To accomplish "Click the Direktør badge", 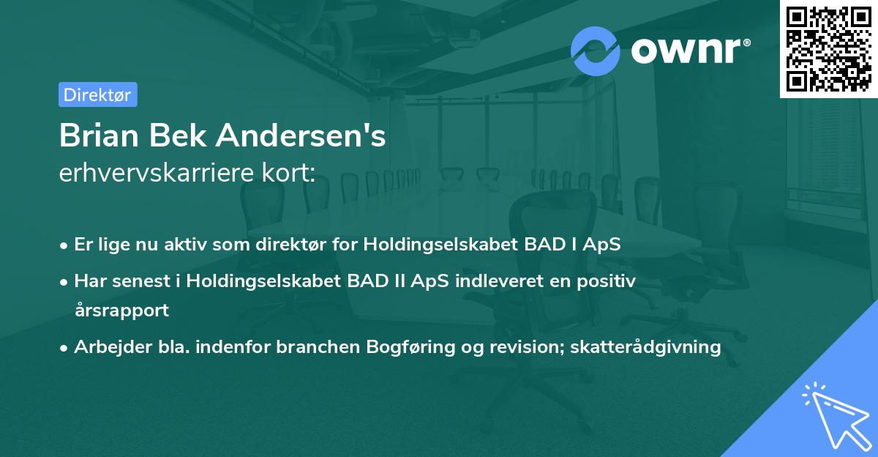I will tap(97, 94).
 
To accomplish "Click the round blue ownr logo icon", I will tap(596, 51).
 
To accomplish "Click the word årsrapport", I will tap(121, 309).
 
